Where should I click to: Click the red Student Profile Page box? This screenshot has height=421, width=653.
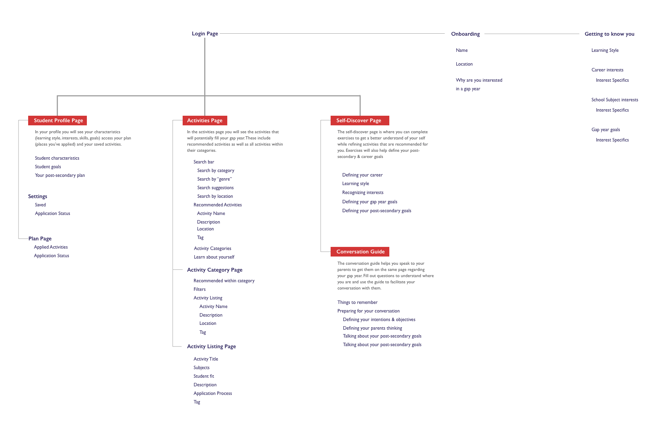click(x=58, y=121)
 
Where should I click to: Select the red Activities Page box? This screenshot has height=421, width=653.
click(x=205, y=121)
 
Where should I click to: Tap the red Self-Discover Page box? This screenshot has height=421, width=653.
click(x=359, y=121)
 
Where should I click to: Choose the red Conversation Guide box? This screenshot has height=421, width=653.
click(x=360, y=252)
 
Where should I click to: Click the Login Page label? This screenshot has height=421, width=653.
click(x=205, y=34)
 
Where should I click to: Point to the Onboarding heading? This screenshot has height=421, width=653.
click(x=466, y=34)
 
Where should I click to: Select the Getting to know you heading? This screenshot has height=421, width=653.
click(x=609, y=34)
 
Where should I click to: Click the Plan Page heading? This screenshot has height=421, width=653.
click(x=40, y=239)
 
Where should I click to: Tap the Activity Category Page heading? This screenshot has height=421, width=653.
click(x=215, y=270)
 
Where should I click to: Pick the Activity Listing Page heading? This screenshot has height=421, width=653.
click(x=211, y=346)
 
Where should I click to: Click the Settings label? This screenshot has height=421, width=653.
click(x=37, y=196)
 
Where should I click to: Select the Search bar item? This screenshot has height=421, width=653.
click(x=204, y=162)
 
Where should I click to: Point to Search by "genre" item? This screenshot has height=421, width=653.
click(x=215, y=179)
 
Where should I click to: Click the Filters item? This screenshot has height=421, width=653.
click(x=199, y=289)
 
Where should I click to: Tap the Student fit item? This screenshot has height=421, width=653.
click(x=204, y=376)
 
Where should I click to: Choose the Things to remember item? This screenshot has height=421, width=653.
click(x=357, y=303)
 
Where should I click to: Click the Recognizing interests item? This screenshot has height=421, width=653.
click(x=363, y=193)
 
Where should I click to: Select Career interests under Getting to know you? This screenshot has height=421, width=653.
click(x=607, y=70)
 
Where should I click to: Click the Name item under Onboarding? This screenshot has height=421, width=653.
click(x=461, y=50)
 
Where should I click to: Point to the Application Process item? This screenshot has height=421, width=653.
click(x=213, y=394)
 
